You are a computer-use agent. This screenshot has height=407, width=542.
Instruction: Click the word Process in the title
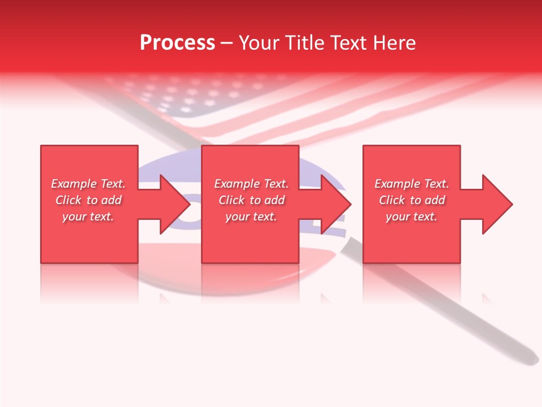[177, 42]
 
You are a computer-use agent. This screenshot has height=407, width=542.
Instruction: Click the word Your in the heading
[259, 42]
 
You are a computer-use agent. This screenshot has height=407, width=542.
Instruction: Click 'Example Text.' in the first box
[88, 184]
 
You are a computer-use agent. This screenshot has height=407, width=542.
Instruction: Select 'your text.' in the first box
[88, 217]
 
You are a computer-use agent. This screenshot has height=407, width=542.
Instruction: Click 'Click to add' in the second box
[251, 200]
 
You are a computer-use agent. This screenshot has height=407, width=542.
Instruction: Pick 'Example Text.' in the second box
[251, 184]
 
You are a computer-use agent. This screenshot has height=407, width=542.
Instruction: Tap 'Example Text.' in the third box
[412, 184]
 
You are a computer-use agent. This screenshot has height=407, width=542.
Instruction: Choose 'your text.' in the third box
[412, 217]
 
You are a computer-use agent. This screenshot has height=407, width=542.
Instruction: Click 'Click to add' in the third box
[412, 200]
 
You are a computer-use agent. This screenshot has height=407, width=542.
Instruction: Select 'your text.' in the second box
[251, 217]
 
